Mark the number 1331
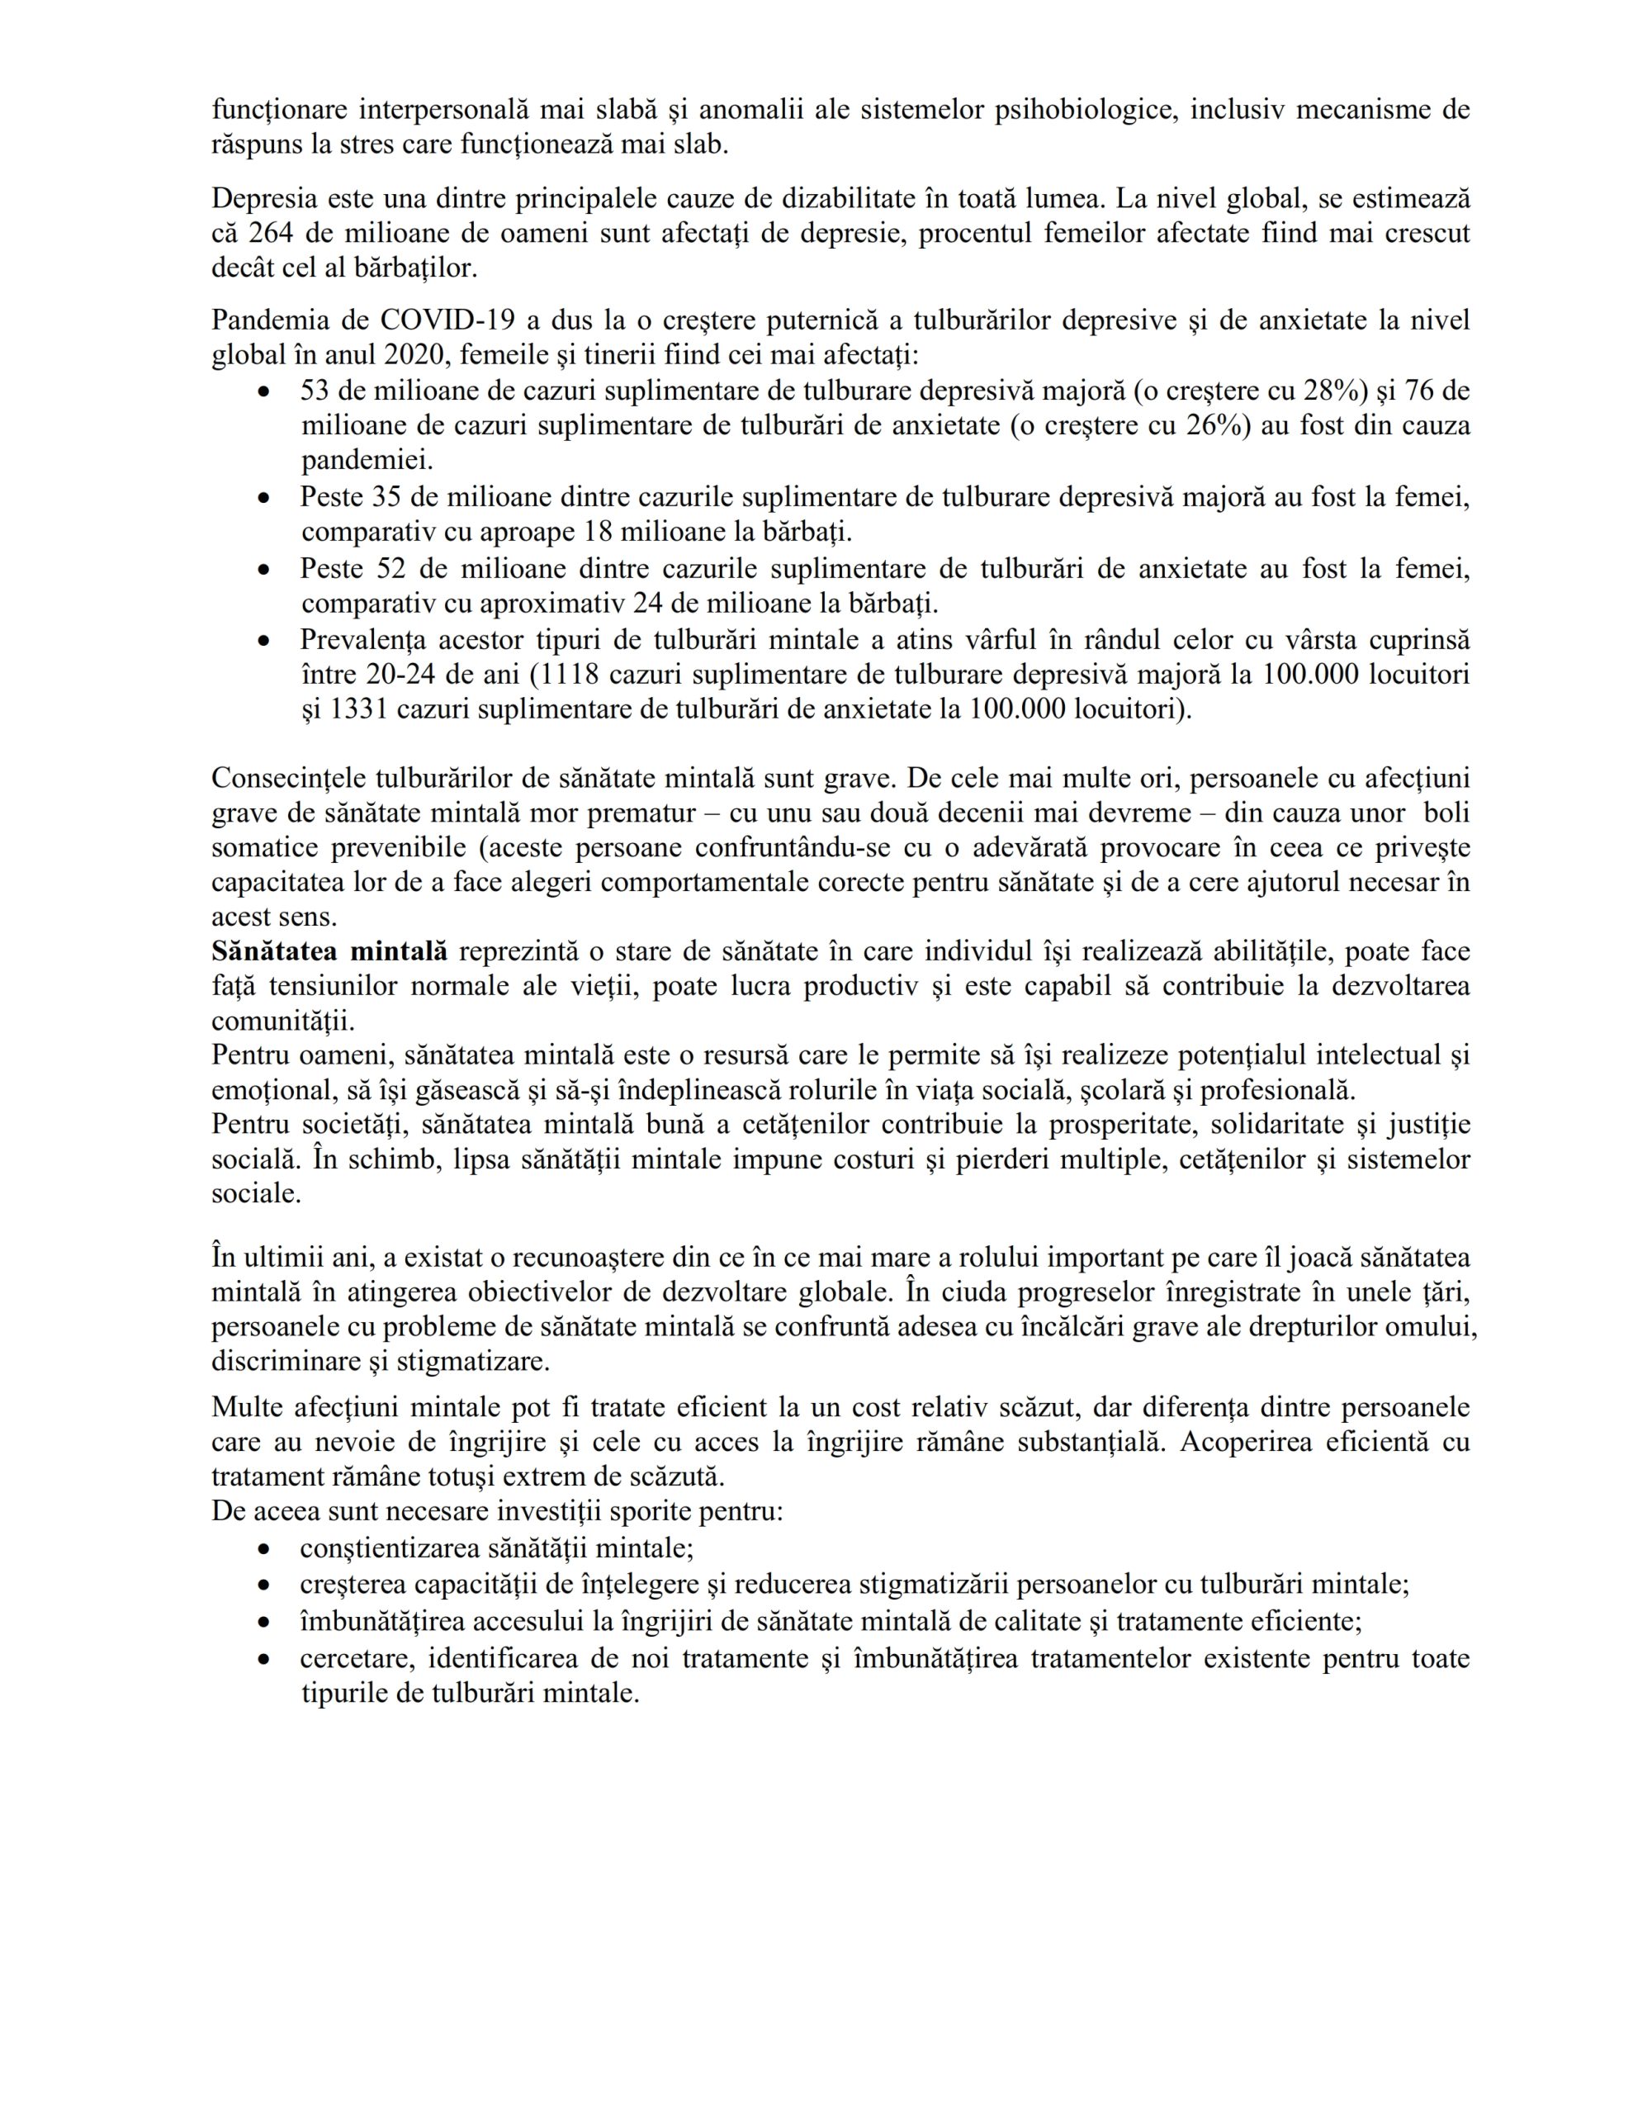pyautogui.click(x=363, y=709)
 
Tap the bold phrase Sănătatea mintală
pyautogui.click(x=329, y=951)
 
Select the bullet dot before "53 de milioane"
pyautogui.click(x=263, y=392)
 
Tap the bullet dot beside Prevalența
pyautogui.click(x=263, y=641)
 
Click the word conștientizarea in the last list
pyautogui.click(x=398, y=1548)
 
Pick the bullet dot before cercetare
pyautogui.click(x=263, y=1659)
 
